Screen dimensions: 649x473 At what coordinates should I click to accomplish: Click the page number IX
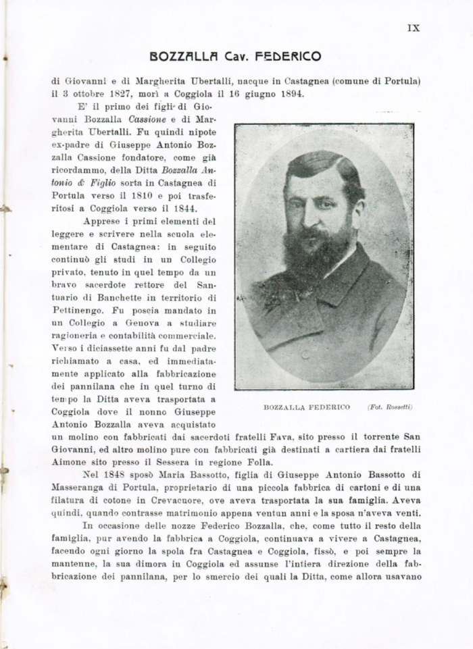[414, 28]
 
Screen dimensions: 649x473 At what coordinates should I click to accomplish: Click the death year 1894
[292, 94]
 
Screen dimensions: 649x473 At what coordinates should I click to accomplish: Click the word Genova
[153, 323]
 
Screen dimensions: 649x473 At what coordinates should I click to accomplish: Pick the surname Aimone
[72, 461]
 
